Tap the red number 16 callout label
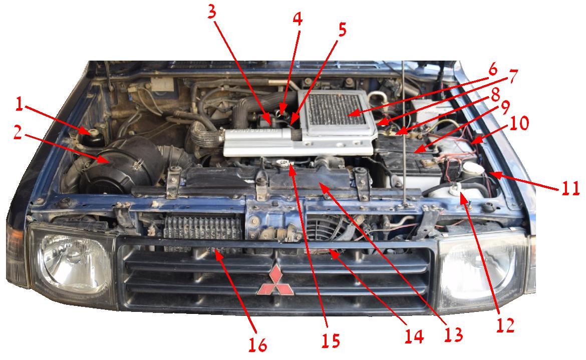(258, 344)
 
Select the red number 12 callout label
(505, 325)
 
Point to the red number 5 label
(342, 30)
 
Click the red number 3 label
(212, 12)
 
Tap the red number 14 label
(415, 336)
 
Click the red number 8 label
(495, 95)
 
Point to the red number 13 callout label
(453, 334)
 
